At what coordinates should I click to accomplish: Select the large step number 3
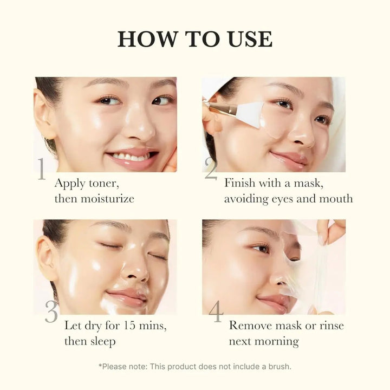(51, 312)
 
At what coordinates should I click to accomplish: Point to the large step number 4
(216, 312)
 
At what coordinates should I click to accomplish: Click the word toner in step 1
(101, 183)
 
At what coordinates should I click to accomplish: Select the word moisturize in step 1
(107, 199)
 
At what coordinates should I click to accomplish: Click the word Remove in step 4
(250, 326)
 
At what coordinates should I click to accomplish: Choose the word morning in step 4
(276, 342)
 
